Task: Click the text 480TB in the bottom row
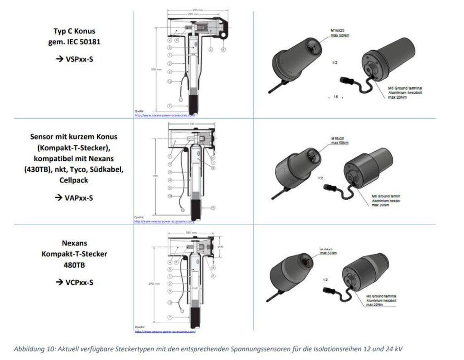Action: point(74,265)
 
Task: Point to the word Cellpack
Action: point(74,180)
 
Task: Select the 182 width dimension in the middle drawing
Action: point(191,123)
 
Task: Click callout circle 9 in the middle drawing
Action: point(213,207)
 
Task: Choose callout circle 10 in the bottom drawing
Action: point(169,302)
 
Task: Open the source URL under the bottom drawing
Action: point(165,332)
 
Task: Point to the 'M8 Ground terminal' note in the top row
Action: point(405,88)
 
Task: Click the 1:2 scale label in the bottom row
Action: point(325,280)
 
